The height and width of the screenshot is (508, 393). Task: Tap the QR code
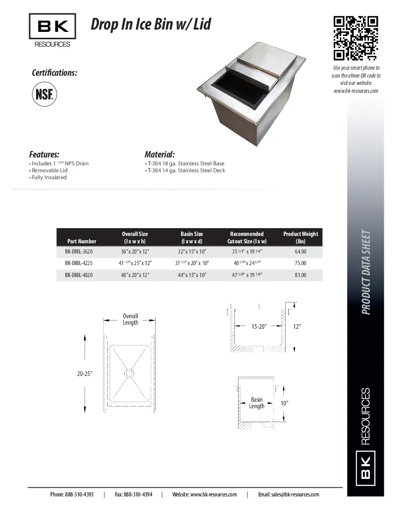pos(356,38)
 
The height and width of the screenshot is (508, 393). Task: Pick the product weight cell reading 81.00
pos(301,275)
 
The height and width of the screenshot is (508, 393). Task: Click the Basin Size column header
pos(191,237)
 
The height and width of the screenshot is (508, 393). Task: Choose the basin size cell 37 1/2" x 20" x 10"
pos(192,263)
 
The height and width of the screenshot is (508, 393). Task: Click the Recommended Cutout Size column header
pos(247,237)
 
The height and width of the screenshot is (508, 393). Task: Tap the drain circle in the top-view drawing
pos(129,372)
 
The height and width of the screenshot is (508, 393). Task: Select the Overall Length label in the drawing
pos(130,319)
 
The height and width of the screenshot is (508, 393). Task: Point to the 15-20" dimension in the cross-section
pos(259,327)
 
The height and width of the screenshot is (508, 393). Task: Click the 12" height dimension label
pos(297,327)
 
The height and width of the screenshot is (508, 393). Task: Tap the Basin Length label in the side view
pos(257,403)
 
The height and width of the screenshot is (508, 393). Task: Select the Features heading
pos(44,154)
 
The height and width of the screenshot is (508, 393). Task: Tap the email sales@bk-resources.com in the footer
pos(289,494)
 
